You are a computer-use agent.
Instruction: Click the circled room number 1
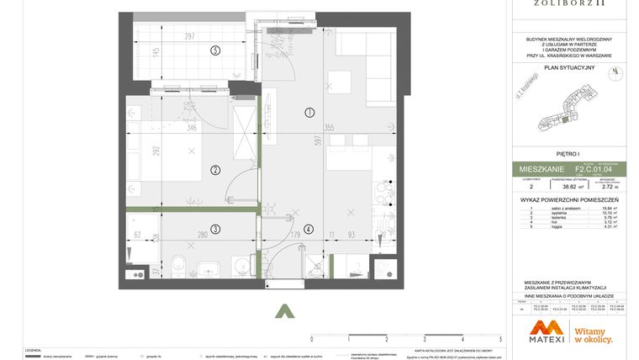click(x=309, y=112)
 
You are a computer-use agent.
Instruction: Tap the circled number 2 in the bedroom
click(x=215, y=170)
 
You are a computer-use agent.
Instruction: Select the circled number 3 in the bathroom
click(x=215, y=229)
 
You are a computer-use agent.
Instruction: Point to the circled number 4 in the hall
click(x=309, y=229)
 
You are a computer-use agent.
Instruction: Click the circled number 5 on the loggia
click(x=215, y=50)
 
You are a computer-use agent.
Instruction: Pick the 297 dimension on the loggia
click(x=189, y=36)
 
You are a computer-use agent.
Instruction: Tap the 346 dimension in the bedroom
click(x=191, y=129)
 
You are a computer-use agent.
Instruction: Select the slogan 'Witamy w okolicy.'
click(x=593, y=336)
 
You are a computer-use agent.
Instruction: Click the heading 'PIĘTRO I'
click(x=569, y=154)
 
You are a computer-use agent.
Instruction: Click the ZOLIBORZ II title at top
click(x=569, y=4)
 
